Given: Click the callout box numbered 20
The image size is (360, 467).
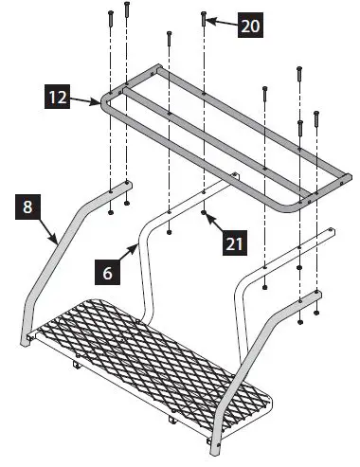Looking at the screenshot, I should pyautogui.click(x=250, y=27).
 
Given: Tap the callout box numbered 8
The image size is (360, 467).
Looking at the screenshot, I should pyautogui.click(x=30, y=207).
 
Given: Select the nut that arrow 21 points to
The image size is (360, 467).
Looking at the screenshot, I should pyautogui.click(x=205, y=215).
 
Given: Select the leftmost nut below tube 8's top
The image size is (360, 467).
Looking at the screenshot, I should pyautogui.click(x=111, y=213).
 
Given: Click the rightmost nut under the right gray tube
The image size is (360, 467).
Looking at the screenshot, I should pyautogui.click(x=316, y=314).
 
